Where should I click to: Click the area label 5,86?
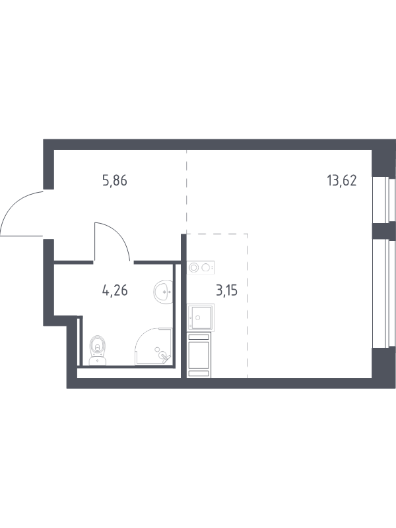[115, 181]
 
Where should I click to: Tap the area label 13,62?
[341, 181]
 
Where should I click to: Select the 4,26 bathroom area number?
[115, 290]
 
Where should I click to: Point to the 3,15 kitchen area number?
[226, 290]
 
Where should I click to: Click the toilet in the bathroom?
[98, 350]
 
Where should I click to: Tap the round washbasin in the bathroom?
[163, 292]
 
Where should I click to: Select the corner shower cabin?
[154, 346]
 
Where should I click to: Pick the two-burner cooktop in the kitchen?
[201, 268]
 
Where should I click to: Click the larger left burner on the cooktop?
[193, 268]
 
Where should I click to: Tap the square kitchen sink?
[200, 317]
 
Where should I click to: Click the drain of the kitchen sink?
[197, 317]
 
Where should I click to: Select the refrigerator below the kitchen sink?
[199, 354]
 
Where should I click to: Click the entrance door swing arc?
[13, 205]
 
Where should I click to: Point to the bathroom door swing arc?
[116, 236]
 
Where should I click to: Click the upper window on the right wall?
[383, 199]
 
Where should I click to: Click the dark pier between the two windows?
[383, 230]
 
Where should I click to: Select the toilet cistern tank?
[98, 361]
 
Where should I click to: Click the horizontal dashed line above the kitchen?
[217, 234]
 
